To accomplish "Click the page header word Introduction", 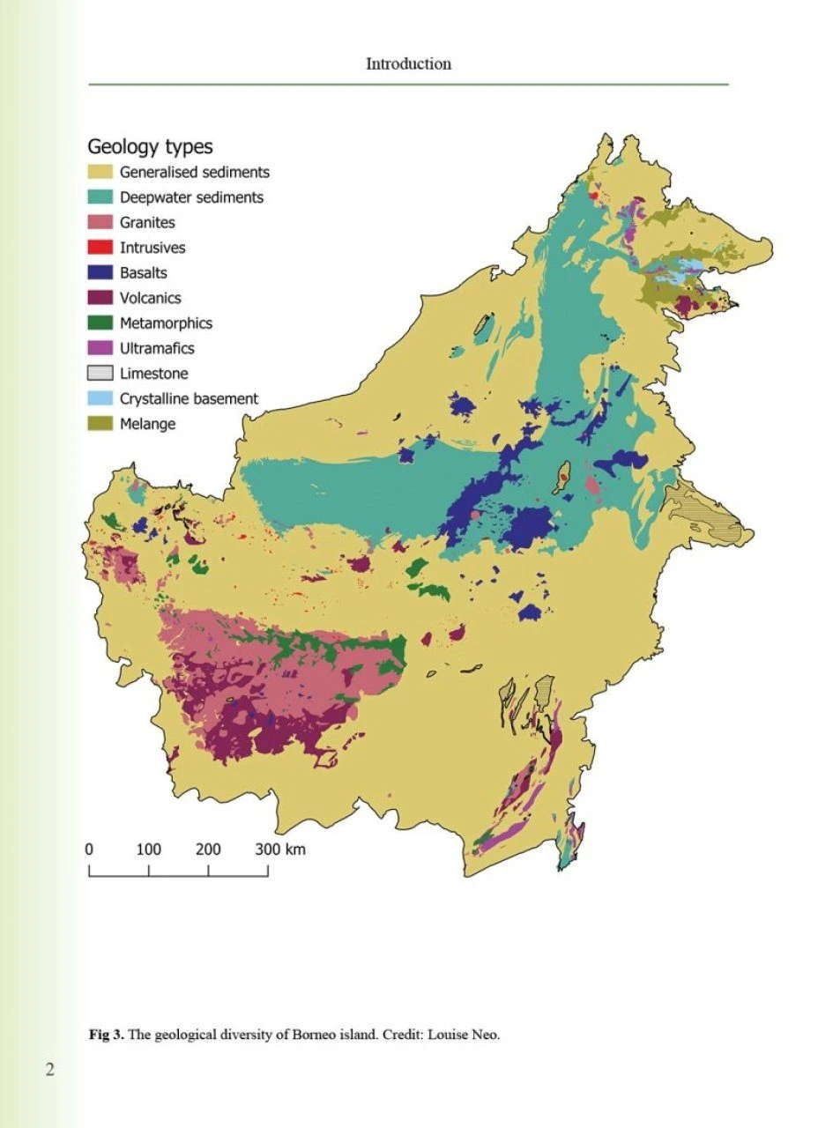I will tap(408, 63).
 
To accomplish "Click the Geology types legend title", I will tap(150, 146).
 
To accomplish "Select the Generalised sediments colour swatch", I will tap(100, 173).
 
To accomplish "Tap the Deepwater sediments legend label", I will tap(191, 197).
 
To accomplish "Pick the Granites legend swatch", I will tap(100, 223).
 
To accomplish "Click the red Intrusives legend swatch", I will tap(100, 248).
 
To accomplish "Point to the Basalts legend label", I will tap(144, 273).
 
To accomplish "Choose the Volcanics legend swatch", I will tap(100, 298).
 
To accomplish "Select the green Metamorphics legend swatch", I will tap(100, 323).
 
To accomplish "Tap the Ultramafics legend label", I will tap(157, 348).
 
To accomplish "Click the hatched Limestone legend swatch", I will tap(100, 374).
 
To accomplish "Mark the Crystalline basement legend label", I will tap(189, 398).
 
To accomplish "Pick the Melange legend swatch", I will tap(100, 424).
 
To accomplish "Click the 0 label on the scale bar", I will tap(89, 850).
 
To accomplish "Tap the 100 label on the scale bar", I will tap(148, 850).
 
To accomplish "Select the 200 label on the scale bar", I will tap(208, 850).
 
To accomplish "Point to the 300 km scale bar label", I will tap(280, 850).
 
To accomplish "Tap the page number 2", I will tap(50, 1071).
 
